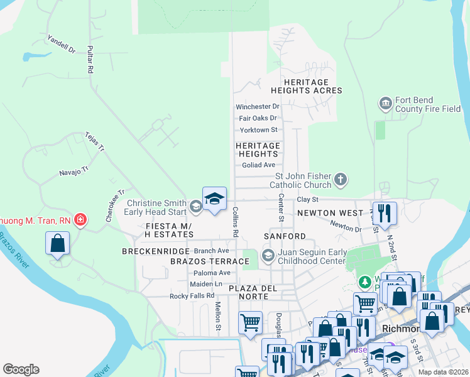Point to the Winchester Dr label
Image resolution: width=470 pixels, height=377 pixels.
[x=257, y=107]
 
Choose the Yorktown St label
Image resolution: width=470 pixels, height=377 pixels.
[x=258, y=130]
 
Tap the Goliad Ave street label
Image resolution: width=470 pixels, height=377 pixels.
[x=259, y=165]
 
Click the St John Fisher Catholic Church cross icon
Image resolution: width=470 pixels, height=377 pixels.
[x=341, y=180]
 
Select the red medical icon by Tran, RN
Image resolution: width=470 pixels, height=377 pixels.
[x=80, y=220]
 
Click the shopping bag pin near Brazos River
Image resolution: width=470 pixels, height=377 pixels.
[x=57, y=243]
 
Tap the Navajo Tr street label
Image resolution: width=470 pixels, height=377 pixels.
[x=74, y=170]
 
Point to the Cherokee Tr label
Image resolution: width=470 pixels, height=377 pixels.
[x=115, y=202]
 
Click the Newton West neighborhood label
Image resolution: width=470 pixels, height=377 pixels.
[x=330, y=213]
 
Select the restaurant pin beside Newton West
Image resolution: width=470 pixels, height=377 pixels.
[x=385, y=213]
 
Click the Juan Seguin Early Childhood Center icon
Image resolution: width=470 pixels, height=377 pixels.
[x=268, y=254]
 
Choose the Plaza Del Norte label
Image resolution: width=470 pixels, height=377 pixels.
[x=253, y=288]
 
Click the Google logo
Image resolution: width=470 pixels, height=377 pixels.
[x=21, y=369]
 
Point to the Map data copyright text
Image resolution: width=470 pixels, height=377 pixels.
[x=444, y=372]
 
